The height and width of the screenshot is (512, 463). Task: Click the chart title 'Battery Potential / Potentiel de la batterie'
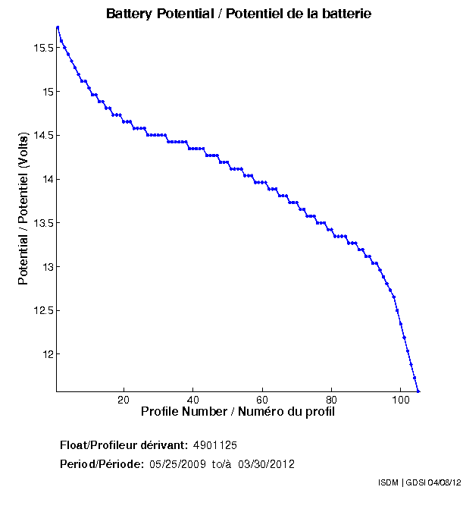click(239, 14)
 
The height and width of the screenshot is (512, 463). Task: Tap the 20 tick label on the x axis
click(124, 400)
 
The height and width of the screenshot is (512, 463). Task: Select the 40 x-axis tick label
click(193, 400)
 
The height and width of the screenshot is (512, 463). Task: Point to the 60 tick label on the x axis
click(262, 400)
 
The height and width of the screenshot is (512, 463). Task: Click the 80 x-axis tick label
click(331, 400)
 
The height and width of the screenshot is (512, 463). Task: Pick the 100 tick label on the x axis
click(401, 400)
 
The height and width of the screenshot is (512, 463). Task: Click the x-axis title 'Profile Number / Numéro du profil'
click(238, 412)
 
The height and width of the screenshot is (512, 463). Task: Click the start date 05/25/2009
click(175, 464)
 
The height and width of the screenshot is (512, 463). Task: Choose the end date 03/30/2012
click(267, 464)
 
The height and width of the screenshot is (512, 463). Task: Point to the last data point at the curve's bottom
click(418, 391)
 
